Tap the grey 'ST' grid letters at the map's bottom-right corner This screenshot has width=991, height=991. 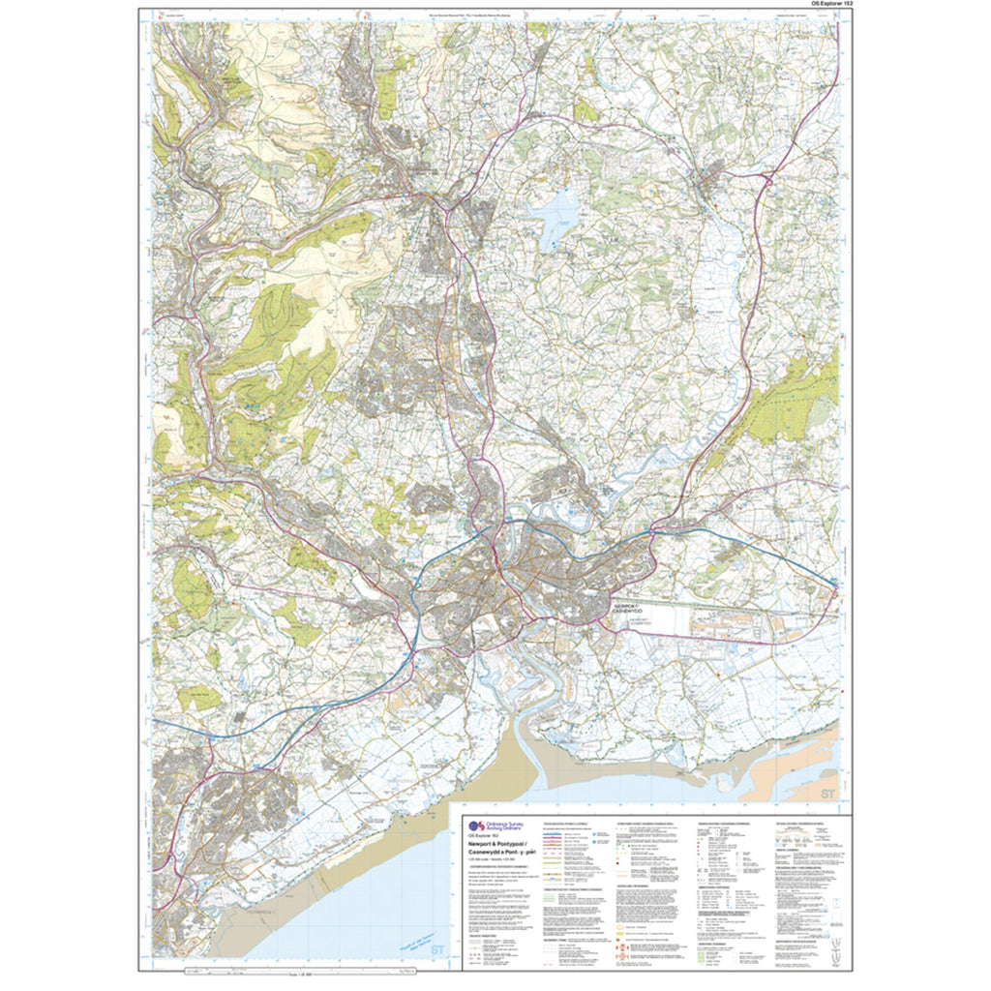(x=826, y=794)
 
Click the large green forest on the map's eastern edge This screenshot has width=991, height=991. (x=794, y=402)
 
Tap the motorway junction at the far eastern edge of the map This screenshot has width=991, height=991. (x=834, y=582)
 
